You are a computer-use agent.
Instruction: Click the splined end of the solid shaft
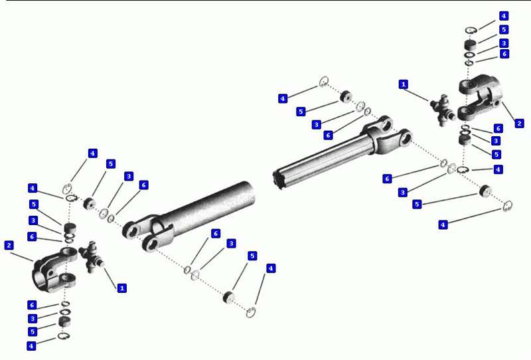pos(278,178)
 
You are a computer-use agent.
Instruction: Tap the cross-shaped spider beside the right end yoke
pos(443,110)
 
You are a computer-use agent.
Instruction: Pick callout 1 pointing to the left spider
pos(121,288)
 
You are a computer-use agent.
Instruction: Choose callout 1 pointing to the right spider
pos(403,84)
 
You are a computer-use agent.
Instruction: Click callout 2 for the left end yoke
pos(9,245)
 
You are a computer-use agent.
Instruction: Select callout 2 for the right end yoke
pos(519,123)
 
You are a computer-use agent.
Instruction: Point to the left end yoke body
pos(54,270)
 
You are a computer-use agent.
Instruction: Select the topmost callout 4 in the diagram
pos(504,16)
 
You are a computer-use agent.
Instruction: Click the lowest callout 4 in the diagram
pos(31,346)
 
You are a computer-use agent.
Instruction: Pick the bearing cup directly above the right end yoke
pos(470,45)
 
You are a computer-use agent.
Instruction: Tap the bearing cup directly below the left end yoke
pos(64,321)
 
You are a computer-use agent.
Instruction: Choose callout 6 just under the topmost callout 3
pos(504,54)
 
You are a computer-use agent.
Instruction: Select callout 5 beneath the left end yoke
pos(33,331)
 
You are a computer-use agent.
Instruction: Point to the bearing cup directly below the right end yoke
pos(464,139)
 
